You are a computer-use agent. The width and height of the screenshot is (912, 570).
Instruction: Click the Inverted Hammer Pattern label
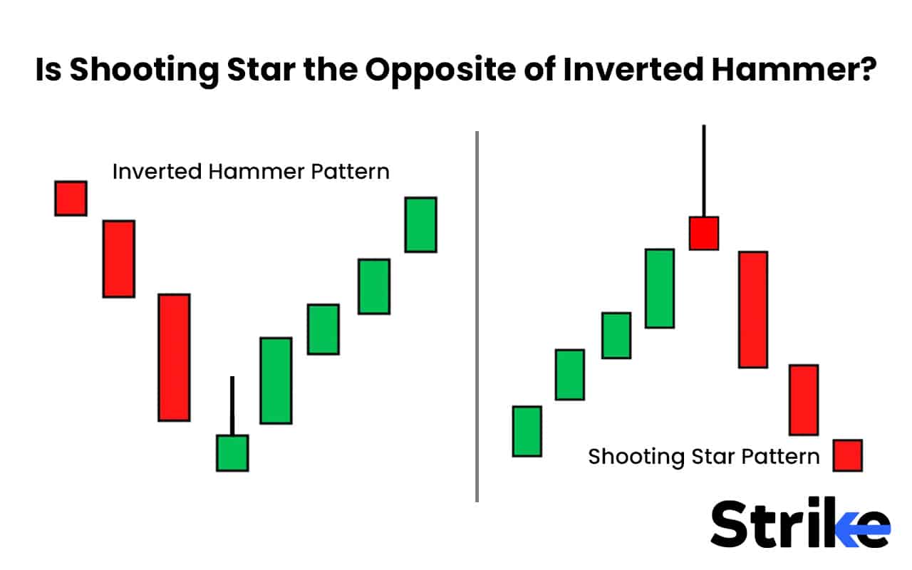251,172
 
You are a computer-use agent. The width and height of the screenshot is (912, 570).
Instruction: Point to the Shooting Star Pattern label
704,456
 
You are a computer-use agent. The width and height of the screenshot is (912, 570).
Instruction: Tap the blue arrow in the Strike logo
864,528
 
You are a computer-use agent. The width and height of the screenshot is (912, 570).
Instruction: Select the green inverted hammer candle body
232,452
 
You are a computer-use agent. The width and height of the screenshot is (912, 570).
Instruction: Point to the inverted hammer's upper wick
232,405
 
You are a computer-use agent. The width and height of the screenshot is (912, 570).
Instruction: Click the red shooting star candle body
703,233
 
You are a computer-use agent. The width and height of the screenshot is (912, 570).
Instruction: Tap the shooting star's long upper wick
703,171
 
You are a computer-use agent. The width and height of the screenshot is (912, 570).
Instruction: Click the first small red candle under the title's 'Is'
71,198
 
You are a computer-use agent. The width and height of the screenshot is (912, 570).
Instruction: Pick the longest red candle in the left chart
174,357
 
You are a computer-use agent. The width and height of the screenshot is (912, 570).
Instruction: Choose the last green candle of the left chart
420,224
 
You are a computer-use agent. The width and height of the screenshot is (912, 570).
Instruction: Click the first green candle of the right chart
527,431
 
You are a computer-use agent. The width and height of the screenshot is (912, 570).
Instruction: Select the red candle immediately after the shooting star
753,309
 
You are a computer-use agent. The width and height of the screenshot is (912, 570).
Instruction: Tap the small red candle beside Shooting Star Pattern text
847,455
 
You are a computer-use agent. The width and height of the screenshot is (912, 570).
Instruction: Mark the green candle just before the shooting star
660,288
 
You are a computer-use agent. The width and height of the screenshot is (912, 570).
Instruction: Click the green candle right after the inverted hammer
276,380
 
